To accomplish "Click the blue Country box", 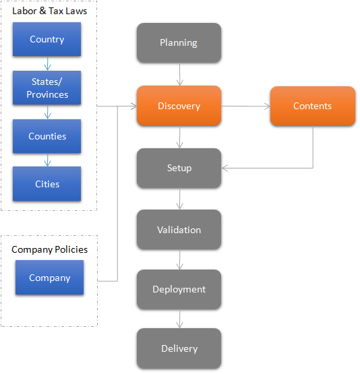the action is pyautogui.click(x=47, y=39).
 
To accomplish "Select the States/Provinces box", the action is pyautogui.click(x=47, y=88).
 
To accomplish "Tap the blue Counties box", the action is pyautogui.click(x=47, y=136).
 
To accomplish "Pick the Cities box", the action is pyautogui.click(x=47, y=184).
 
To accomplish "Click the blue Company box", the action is pyautogui.click(x=50, y=278).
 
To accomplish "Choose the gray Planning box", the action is pyautogui.click(x=179, y=43).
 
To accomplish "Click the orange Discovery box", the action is pyautogui.click(x=179, y=106).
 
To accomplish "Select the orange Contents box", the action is pyautogui.click(x=313, y=106).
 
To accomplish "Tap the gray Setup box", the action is pyautogui.click(x=179, y=168).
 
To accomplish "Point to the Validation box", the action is pyautogui.click(x=179, y=230).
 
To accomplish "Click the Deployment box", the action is pyautogui.click(x=179, y=289).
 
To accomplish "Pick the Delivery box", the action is pyautogui.click(x=179, y=348).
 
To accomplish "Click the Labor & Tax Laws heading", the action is pyautogui.click(x=50, y=11).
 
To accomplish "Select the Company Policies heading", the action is pyautogui.click(x=50, y=249).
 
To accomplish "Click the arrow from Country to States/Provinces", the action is pyautogui.click(x=48, y=63).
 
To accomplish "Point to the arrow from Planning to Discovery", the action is pyautogui.click(x=180, y=74).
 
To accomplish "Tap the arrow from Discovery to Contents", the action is pyautogui.click(x=245, y=106).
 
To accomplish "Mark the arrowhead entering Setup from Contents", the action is pyautogui.click(x=224, y=168).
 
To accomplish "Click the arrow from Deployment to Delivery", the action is pyautogui.click(x=180, y=319).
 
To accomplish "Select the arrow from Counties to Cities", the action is pyautogui.click(x=48, y=160).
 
